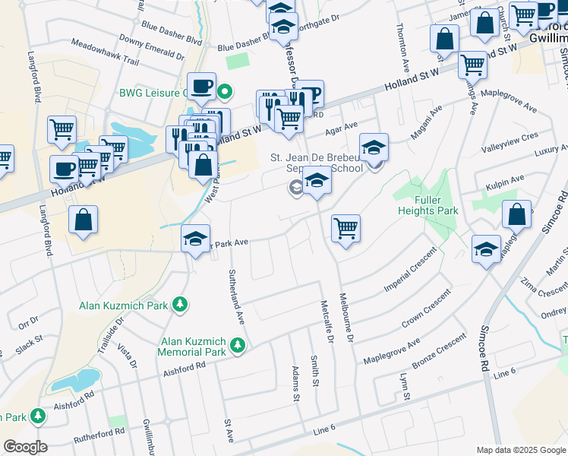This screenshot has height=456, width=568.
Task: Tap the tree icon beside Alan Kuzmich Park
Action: point(179,306)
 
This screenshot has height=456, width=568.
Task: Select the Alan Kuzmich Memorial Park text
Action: point(192,347)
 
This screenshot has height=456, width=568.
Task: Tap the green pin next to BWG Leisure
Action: point(225,93)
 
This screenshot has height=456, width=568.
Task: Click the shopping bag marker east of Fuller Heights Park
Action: point(516,216)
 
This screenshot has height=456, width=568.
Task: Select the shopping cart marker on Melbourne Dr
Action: point(346,227)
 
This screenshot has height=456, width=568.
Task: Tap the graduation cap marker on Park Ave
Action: point(195,239)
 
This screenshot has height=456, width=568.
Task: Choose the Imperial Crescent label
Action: point(410,285)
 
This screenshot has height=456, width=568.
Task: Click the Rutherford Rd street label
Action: point(98,436)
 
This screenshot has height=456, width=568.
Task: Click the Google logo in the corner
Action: point(25,447)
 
